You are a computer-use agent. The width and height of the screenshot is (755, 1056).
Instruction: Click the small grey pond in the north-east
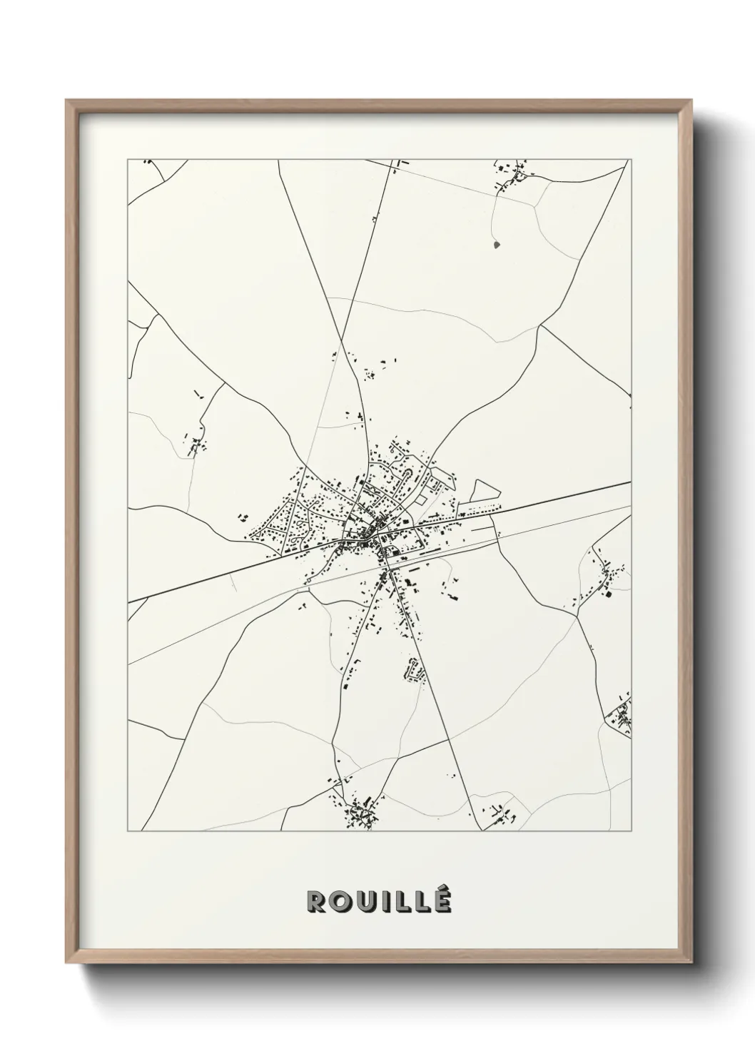coord(497,245)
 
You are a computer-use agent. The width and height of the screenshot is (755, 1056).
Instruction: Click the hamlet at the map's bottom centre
coord(357,812)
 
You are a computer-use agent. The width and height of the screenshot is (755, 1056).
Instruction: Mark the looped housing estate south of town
coord(413,671)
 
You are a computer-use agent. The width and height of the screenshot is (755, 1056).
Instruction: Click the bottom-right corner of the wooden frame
coord(696,960)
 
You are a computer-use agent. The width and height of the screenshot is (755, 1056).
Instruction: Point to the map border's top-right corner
coord(631,160)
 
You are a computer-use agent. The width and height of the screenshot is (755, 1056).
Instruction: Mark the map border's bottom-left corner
coord(128,832)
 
